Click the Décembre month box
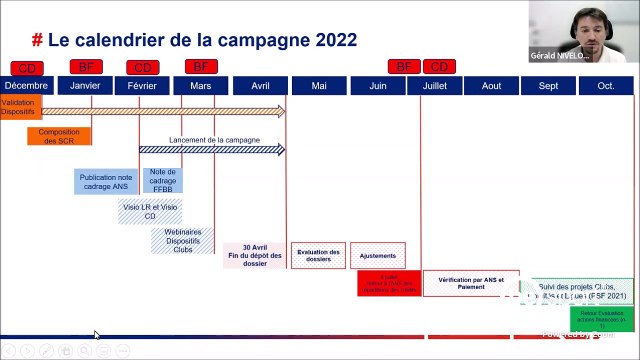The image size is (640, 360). coord(26,86)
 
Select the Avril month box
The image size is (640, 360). coord(260,86)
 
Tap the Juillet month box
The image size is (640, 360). coord(434,86)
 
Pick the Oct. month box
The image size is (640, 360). coord(605,86)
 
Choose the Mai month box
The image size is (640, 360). coord(318,86)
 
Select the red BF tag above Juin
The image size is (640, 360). coord(403,67)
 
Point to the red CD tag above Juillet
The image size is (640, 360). coord(437,67)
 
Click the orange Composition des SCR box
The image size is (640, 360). coord(59,136)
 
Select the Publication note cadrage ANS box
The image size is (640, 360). coord(105,182)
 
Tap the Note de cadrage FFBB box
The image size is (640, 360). coord(162,182)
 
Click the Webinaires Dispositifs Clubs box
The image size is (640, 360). coord(182,241)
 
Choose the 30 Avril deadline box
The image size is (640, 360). coord(254,255)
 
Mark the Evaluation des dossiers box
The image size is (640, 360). coord(318,255)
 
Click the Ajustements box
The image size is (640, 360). coord(377,255)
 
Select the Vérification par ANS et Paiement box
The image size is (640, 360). coord(471,282)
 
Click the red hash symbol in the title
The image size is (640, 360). coord(37,40)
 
